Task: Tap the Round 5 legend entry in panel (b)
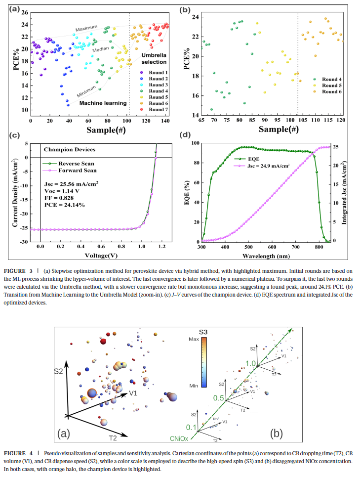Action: tap(330, 85)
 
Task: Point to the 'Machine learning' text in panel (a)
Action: tap(103, 103)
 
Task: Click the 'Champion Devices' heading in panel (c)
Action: tap(70, 149)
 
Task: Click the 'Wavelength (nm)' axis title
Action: tap(266, 256)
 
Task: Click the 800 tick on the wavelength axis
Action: tap(319, 247)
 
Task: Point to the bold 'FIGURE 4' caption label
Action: tap(18, 453)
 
